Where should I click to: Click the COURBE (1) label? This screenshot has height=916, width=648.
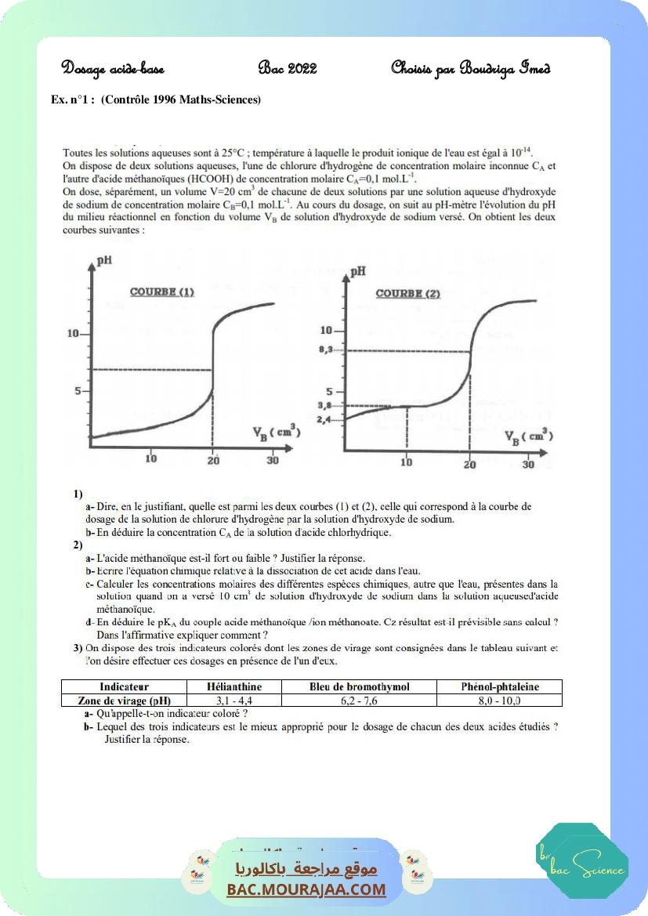pyautogui.click(x=162, y=292)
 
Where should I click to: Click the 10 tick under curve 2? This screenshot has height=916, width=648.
pyautogui.click(x=406, y=463)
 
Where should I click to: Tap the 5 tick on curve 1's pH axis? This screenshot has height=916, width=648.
pyautogui.click(x=78, y=390)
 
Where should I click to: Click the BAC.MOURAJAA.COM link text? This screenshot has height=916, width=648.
pyautogui.click(x=306, y=889)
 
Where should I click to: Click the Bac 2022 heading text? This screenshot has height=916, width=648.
pyautogui.click(x=287, y=68)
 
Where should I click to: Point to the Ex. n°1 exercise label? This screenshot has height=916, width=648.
pyautogui.click(x=71, y=100)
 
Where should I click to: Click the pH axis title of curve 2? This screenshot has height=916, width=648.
pyautogui.click(x=358, y=271)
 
